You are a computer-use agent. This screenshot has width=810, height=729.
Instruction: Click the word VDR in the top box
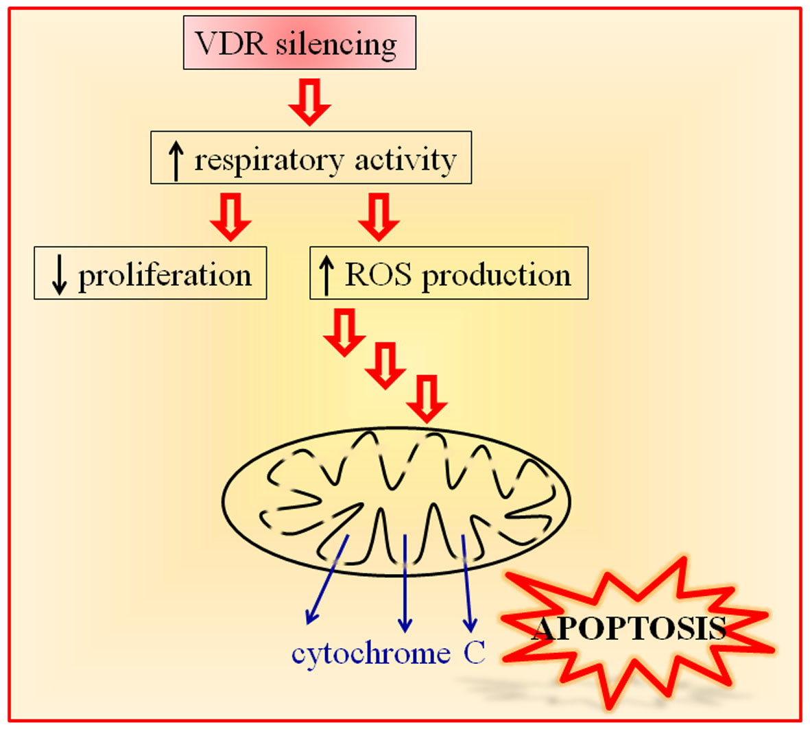click(232, 44)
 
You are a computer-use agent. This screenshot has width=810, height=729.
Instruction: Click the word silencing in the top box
click(336, 45)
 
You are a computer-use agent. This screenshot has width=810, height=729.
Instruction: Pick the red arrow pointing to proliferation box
click(230, 216)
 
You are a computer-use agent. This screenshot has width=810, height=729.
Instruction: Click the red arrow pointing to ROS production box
click(379, 216)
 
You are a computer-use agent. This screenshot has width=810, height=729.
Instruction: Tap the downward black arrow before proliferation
click(60, 276)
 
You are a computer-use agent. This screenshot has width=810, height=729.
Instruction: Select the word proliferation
click(165, 276)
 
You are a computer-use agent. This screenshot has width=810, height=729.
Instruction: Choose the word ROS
click(378, 275)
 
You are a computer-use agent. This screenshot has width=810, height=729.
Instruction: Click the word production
click(496, 276)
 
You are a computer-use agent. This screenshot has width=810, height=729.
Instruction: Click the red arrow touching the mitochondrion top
click(427, 398)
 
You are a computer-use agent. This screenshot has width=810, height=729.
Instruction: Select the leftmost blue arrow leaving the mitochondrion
click(327, 580)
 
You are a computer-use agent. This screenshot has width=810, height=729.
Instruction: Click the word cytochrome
click(371, 654)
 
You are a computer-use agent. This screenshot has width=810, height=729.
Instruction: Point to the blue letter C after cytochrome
click(474, 653)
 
